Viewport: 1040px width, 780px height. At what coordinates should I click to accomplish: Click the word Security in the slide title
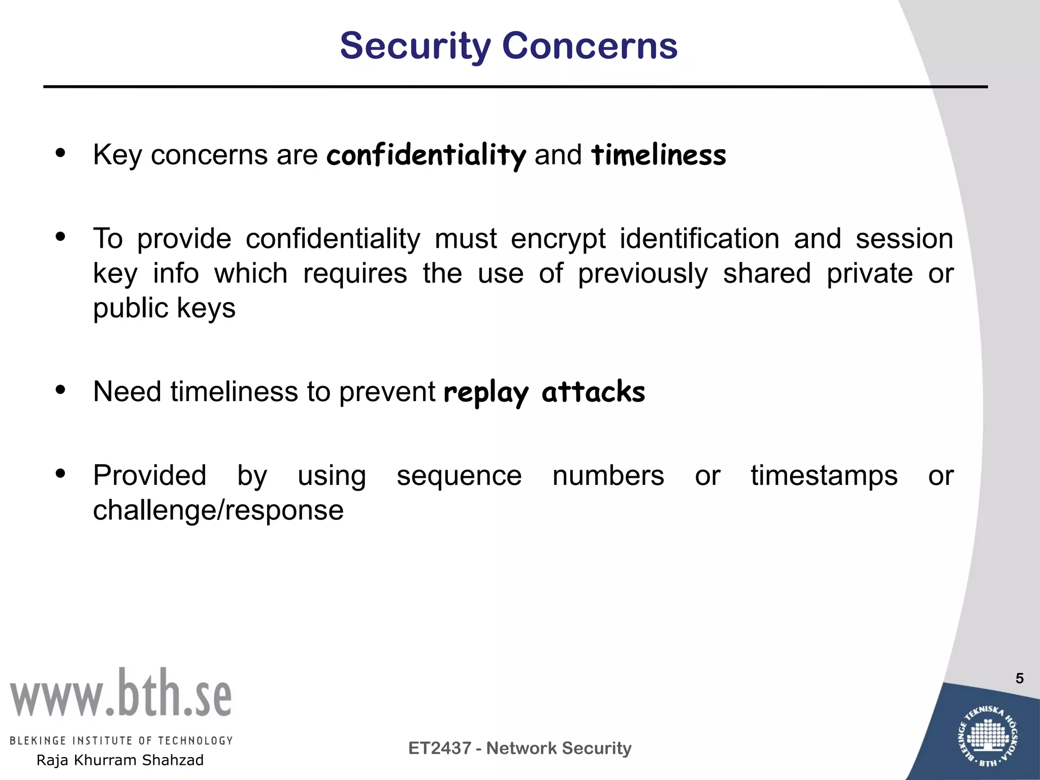click(415, 46)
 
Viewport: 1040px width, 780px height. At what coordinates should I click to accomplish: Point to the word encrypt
click(558, 239)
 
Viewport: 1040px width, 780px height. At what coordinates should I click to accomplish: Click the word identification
click(699, 239)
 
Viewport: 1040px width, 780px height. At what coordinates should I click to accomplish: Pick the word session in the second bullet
click(904, 239)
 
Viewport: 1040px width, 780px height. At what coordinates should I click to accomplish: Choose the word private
click(869, 274)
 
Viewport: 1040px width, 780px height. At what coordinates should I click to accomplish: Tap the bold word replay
click(486, 393)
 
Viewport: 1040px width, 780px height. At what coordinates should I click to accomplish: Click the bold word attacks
click(593, 392)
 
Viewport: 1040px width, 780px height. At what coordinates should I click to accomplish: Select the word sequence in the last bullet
click(459, 476)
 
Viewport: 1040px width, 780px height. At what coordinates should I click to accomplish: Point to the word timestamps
click(824, 476)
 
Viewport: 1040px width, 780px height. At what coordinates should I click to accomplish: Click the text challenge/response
click(218, 510)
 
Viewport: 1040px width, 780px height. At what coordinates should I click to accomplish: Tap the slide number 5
click(1019, 678)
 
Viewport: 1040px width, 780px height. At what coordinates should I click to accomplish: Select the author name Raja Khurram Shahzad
click(120, 760)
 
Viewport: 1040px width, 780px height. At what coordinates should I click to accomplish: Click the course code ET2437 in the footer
click(439, 748)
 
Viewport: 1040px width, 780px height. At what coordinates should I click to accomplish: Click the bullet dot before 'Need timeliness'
click(61, 390)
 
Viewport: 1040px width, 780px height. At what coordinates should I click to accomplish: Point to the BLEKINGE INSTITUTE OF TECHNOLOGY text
click(121, 740)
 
